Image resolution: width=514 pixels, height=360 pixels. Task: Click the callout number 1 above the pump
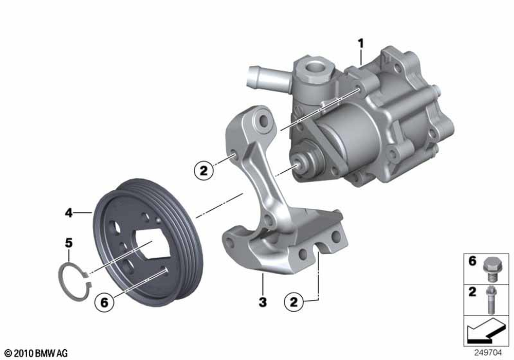pos(361,44)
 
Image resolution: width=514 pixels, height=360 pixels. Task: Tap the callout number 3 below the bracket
pos(263,302)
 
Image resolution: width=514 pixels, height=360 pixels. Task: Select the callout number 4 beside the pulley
pos(68,213)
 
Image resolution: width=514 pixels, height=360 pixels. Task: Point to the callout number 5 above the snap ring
pos(68,243)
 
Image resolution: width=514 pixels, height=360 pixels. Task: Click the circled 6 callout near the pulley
pos(104,302)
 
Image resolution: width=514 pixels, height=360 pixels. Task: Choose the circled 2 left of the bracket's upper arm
pos(204,171)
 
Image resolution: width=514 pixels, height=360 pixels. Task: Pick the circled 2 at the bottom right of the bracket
pos(293,301)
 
